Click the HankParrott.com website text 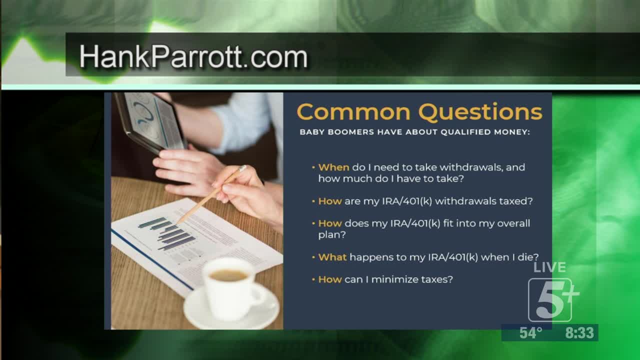(x=193, y=56)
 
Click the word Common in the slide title (x=353, y=111)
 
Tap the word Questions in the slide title (x=480, y=111)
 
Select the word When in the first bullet (x=333, y=167)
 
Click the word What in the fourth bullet (x=332, y=257)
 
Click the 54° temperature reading (x=530, y=333)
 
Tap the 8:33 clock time (x=579, y=333)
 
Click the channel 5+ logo (x=553, y=299)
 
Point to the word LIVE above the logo (x=549, y=267)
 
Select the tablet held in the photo (x=151, y=122)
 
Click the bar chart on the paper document (x=167, y=233)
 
